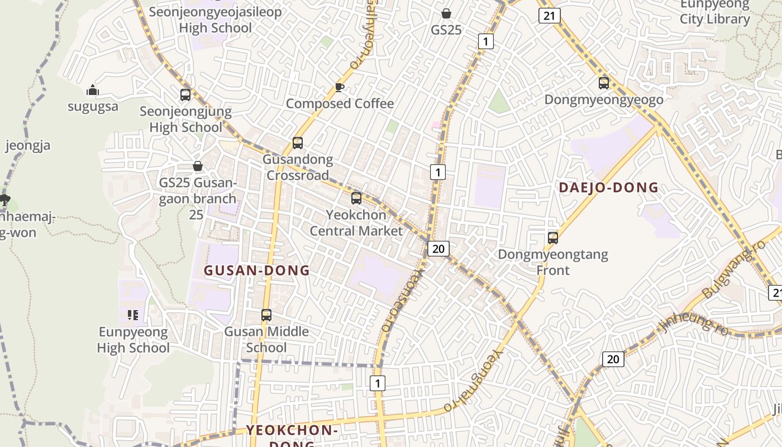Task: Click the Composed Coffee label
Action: click(x=340, y=103)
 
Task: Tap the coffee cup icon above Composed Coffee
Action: click(x=339, y=87)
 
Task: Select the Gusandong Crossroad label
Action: click(x=298, y=167)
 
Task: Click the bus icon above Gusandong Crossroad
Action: click(x=298, y=143)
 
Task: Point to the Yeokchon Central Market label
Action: click(x=356, y=222)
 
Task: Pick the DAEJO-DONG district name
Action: click(x=609, y=188)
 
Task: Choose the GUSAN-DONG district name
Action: click(x=256, y=270)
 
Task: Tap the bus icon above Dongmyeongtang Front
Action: click(x=553, y=238)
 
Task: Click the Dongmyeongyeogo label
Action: click(x=604, y=99)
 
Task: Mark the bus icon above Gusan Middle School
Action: click(x=266, y=315)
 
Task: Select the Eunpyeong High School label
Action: click(x=133, y=340)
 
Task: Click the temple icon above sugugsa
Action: click(x=93, y=90)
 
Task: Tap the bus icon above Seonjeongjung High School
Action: click(x=185, y=95)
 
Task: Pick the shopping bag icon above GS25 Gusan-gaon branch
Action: click(x=197, y=166)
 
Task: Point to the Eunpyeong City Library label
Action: click(x=714, y=12)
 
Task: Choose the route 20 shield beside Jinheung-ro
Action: click(x=613, y=359)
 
